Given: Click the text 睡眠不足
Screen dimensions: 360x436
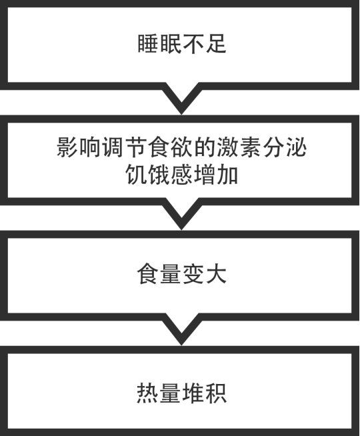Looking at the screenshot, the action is coord(182,43).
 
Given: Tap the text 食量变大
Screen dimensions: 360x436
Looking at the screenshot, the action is coord(182,274).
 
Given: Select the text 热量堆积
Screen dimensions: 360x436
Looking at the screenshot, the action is coord(182,393).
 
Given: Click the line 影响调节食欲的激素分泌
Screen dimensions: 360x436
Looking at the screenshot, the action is coord(182,147).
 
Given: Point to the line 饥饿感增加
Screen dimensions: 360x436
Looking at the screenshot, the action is coord(182,175).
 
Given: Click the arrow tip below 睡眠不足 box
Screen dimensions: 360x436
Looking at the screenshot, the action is coord(181,114).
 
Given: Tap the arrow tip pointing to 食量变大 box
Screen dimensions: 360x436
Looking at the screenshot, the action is coord(181,229).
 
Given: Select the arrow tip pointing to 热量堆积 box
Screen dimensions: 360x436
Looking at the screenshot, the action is coord(181,345).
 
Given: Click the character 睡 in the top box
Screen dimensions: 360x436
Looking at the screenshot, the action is coord(148,43).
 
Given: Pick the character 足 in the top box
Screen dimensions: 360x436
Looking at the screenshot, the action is coord(216,43).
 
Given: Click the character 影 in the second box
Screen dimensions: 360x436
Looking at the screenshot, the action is coord(67,147).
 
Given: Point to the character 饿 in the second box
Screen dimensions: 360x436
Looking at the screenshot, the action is coord(159,175).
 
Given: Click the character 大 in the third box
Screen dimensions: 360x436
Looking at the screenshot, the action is coord(216,274).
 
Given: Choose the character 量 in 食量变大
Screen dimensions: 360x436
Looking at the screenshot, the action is coord(171,274).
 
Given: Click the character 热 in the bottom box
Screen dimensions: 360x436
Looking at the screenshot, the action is coord(147,393).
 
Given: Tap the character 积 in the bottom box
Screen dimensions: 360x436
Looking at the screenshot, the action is coord(216,393).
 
